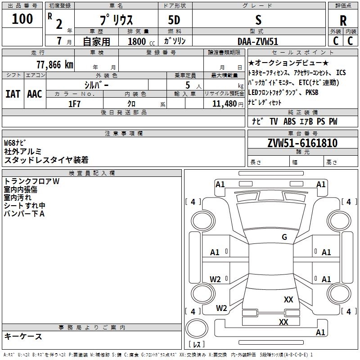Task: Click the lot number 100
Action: pos(22,19)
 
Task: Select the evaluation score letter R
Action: pos(343,21)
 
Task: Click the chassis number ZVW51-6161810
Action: pos(302,143)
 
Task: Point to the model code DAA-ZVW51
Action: pos(258,41)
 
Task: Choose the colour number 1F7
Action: pos(74,103)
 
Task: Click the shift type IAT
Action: pos(13,94)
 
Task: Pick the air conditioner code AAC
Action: pos(34,94)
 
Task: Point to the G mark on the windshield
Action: pos(284,237)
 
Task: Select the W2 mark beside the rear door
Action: pos(216,279)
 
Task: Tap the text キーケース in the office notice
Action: pos(23,336)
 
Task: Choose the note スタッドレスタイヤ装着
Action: pos(46,160)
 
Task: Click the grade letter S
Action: pos(258,20)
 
